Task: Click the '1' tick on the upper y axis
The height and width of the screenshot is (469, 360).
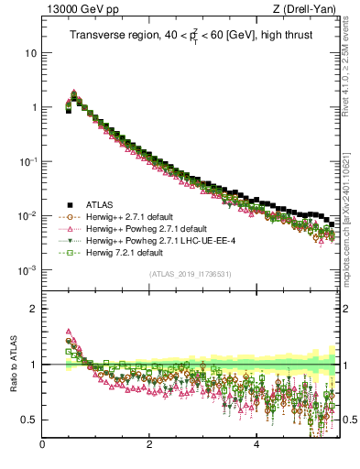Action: click(34, 107)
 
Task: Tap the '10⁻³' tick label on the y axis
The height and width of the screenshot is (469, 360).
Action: click(28, 270)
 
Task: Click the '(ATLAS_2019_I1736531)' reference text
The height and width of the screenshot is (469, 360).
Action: click(191, 274)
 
